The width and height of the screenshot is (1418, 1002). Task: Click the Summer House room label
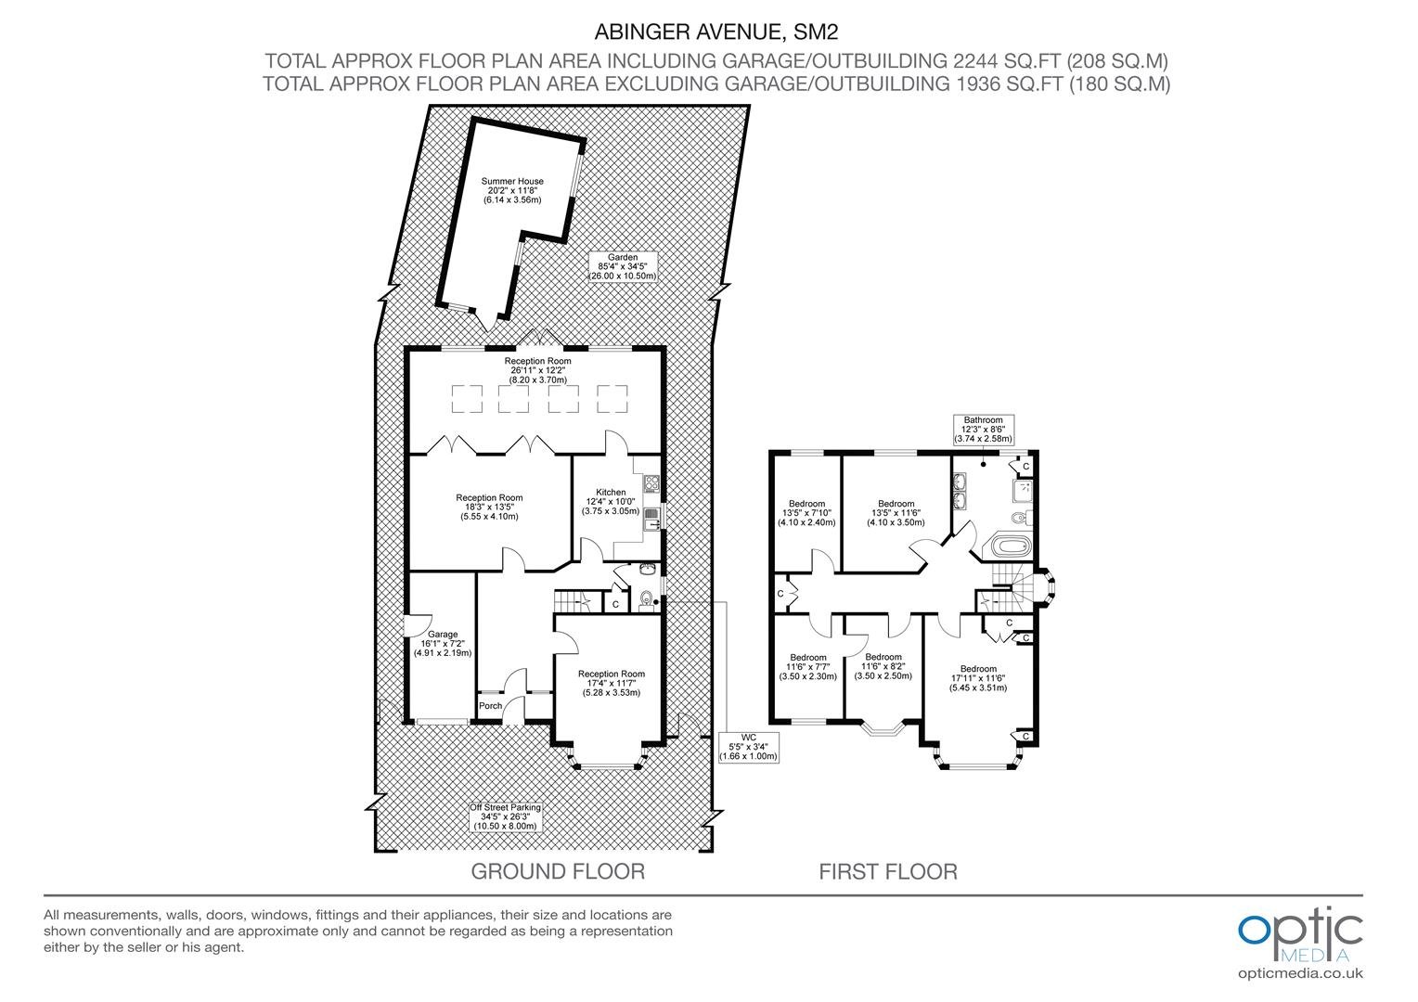coord(512,190)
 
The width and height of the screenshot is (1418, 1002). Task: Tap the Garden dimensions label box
coord(623,266)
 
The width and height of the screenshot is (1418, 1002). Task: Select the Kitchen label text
coord(611,501)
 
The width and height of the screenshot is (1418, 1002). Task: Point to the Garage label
coord(443,643)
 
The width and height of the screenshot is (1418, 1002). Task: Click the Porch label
coord(491,706)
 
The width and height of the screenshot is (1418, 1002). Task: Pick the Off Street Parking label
coord(505,816)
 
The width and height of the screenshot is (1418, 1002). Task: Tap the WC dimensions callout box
coord(748,747)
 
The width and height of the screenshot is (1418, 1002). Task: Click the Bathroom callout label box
coord(983,430)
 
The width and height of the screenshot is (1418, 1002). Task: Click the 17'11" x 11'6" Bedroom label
coord(978,678)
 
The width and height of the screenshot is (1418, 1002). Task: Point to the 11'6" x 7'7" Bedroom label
coord(807,666)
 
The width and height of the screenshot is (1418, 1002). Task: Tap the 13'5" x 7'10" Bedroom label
coord(806,513)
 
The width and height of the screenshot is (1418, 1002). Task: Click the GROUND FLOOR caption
coord(558,871)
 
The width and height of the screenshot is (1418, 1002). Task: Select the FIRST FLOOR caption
coord(888,871)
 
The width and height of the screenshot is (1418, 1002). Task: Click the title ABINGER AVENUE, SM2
coord(716,32)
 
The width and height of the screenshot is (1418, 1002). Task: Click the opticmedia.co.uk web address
coord(1300,973)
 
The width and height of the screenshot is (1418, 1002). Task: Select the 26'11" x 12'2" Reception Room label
coord(537,370)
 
